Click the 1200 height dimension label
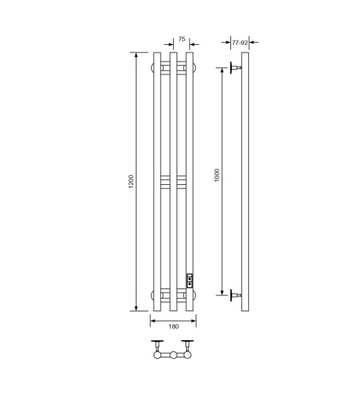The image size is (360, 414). [x=131, y=181]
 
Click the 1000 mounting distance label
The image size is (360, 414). [x=217, y=175]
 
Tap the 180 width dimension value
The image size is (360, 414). [x=174, y=326]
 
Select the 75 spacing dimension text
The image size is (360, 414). [x=181, y=39]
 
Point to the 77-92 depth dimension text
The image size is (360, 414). [x=240, y=43]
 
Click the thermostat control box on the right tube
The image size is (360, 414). [x=190, y=281]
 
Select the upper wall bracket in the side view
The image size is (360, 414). [x=235, y=68]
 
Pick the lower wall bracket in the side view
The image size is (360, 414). [x=235, y=295]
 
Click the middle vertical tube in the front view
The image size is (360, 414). [x=173, y=181]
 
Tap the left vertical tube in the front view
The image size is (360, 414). [x=157, y=181]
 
